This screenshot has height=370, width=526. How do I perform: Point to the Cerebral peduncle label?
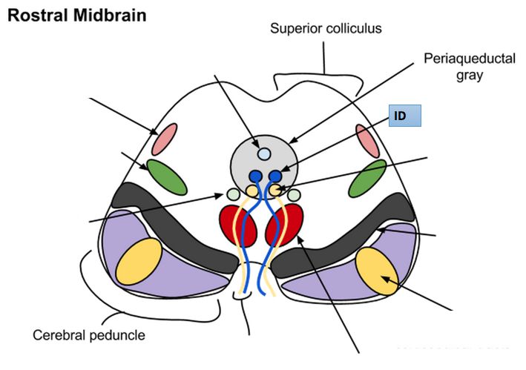tap(88, 335)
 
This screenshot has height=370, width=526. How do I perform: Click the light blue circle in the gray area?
tap(264, 154)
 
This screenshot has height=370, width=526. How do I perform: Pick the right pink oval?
tap(366, 140)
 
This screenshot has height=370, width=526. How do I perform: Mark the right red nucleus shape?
tap(289, 224)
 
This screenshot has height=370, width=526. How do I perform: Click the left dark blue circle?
tap(256, 176)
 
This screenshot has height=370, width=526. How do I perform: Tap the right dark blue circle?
tap(275, 176)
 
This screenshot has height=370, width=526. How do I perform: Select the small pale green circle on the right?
tap(295, 196)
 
